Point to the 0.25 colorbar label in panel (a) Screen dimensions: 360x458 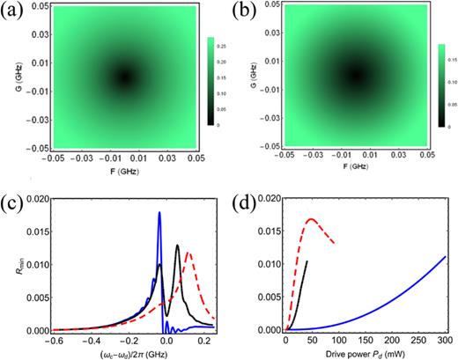click(223, 41)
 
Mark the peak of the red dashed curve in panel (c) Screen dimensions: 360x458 click(188, 253)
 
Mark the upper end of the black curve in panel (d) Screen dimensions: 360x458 click(307, 261)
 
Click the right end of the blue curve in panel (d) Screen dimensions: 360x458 click(447, 257)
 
